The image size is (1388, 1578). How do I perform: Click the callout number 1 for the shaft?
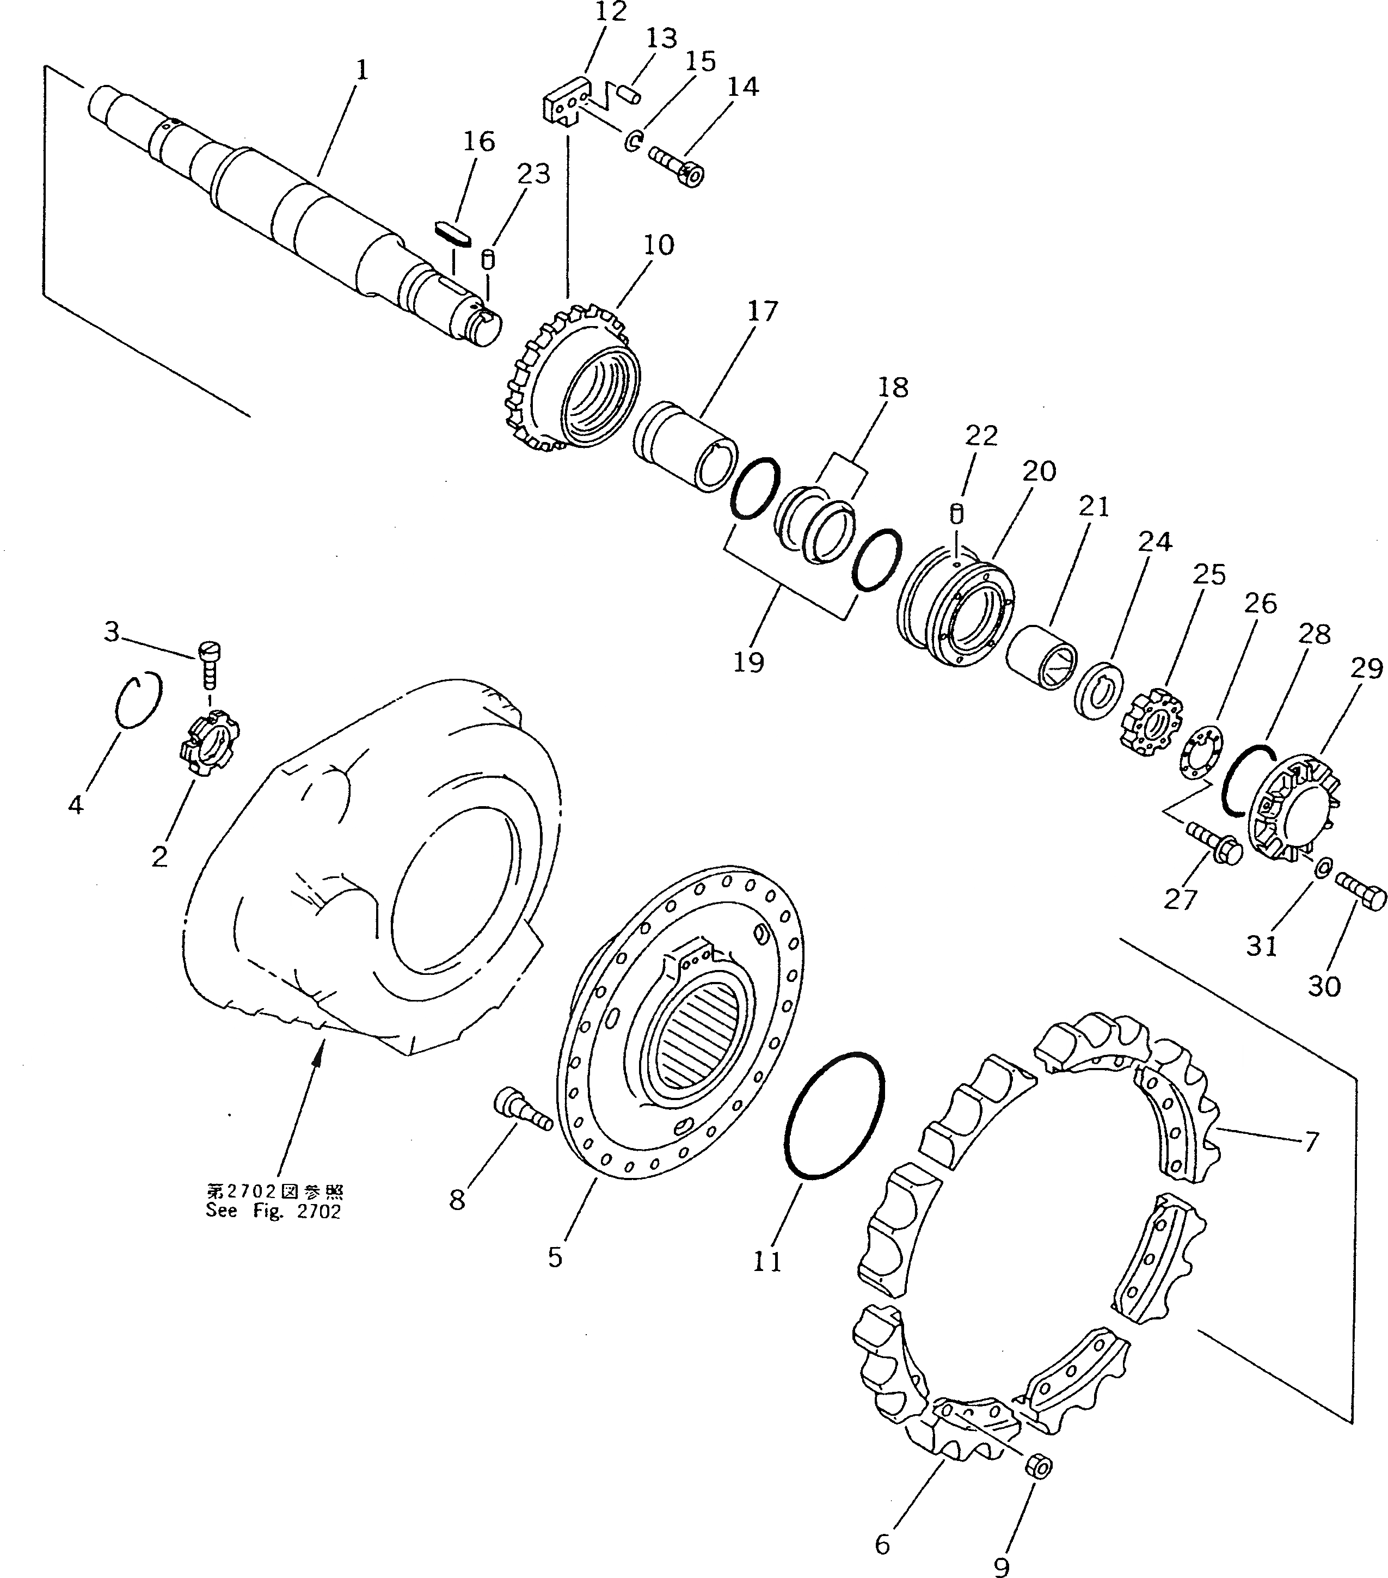[x=362, y=71]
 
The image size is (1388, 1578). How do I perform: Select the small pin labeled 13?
[x=630, y=94]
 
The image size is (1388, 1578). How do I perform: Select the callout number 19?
[x=748, y=661]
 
